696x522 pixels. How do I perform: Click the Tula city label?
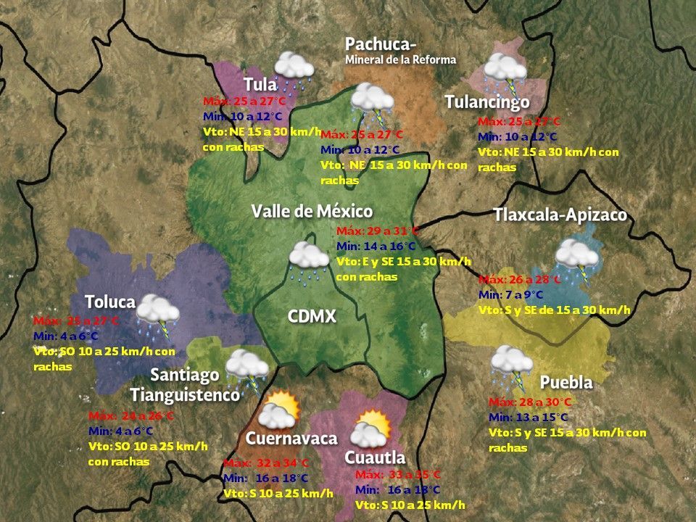point(260,84)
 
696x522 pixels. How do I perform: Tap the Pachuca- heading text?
point(380,44)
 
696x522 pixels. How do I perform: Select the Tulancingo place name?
point(486,102)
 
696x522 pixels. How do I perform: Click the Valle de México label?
point(312,212)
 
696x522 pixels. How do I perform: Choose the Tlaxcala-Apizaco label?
point(560,215)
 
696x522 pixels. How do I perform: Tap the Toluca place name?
point(110,302)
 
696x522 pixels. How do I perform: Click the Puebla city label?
point(566,382)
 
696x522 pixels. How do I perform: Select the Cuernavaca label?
point(291,439)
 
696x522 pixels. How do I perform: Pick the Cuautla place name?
point(375,457)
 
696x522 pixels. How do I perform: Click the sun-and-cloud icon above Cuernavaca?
point(278,410)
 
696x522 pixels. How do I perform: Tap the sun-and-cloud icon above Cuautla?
point(371,428)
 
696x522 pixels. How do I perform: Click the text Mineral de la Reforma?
point(400,59)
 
